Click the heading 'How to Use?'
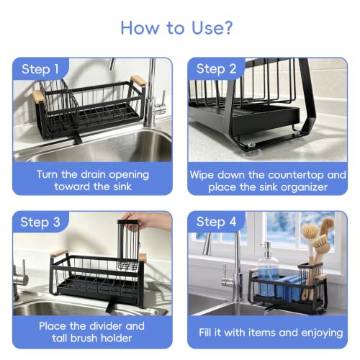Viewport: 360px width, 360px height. point(176,28)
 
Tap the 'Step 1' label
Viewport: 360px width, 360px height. point(40,69)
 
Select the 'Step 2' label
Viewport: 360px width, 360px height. point(216,69)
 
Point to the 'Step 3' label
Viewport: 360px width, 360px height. point(40,222)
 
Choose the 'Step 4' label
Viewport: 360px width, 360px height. point(216,222)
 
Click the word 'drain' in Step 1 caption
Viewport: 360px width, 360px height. point(94,174)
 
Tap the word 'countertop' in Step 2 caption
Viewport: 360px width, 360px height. point(296,175)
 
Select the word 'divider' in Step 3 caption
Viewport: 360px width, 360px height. point(104,326)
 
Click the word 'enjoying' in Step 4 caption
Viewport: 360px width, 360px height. point(322,333)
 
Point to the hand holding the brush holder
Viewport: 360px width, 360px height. point(146,220)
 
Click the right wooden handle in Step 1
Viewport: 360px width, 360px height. point(138,81)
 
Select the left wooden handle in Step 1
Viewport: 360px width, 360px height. point(38,96)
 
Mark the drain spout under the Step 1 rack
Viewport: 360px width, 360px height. point(78,138)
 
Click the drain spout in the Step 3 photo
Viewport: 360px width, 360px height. point(111,306)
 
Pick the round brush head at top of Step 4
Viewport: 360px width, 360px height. point(310,230)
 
